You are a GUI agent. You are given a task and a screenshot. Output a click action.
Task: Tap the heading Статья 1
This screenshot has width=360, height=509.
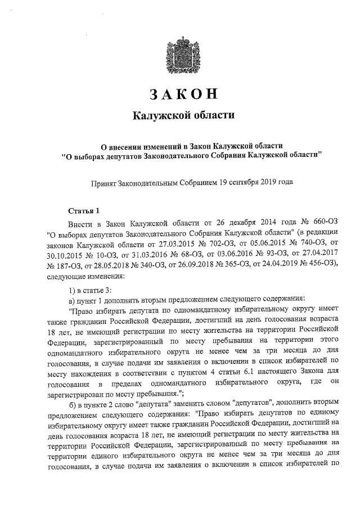tap(83, 211)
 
